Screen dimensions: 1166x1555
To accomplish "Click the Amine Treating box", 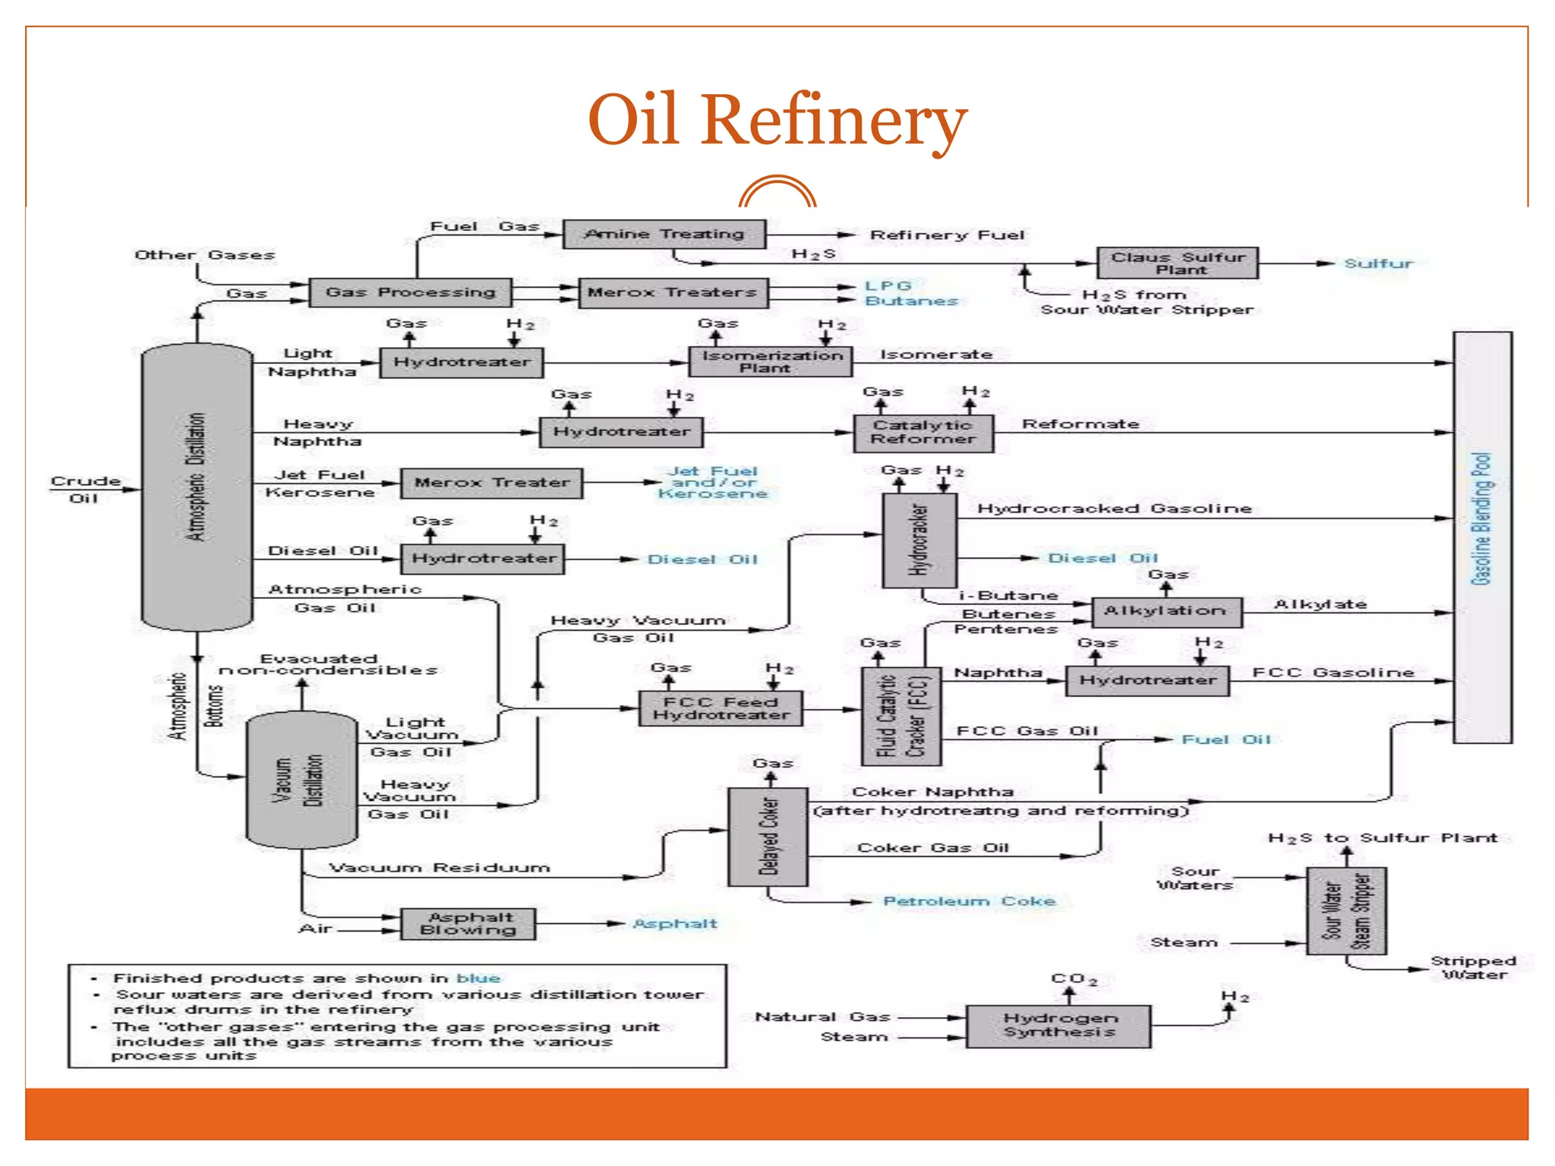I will tap(664, 234).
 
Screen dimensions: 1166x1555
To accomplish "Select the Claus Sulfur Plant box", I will tap(1177, 263).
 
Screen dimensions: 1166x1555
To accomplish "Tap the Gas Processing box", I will tap(410, 292).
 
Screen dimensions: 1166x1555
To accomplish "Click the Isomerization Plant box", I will tap(771, 361).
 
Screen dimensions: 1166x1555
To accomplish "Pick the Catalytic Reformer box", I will tap(923, 433).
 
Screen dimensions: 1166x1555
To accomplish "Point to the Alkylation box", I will tap(1167, 611).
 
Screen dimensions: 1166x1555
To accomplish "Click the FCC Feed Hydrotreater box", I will tap(721, 708).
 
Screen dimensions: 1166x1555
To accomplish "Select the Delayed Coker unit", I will tap(768, 837).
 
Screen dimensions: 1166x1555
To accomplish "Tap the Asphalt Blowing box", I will tap(468, 924).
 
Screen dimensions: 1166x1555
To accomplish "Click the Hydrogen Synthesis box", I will tap(1058, 1026).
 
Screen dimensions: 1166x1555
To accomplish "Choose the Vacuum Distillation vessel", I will tap(302, 780).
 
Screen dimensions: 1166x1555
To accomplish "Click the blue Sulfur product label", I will tap(1378, 263).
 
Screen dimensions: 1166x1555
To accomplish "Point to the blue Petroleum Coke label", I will tap(969, 901).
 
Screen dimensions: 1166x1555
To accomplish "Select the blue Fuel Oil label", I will tap(1225, 739).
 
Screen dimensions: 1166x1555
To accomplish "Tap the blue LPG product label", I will tap(887, 285).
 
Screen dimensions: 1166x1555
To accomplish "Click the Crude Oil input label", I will tap(85, 490).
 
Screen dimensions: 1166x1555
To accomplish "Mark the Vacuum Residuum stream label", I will tap(439, 867).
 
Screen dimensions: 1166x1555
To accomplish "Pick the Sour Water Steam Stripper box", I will tap(1346, 911).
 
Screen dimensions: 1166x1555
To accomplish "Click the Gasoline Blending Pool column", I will tap(1482, 537).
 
